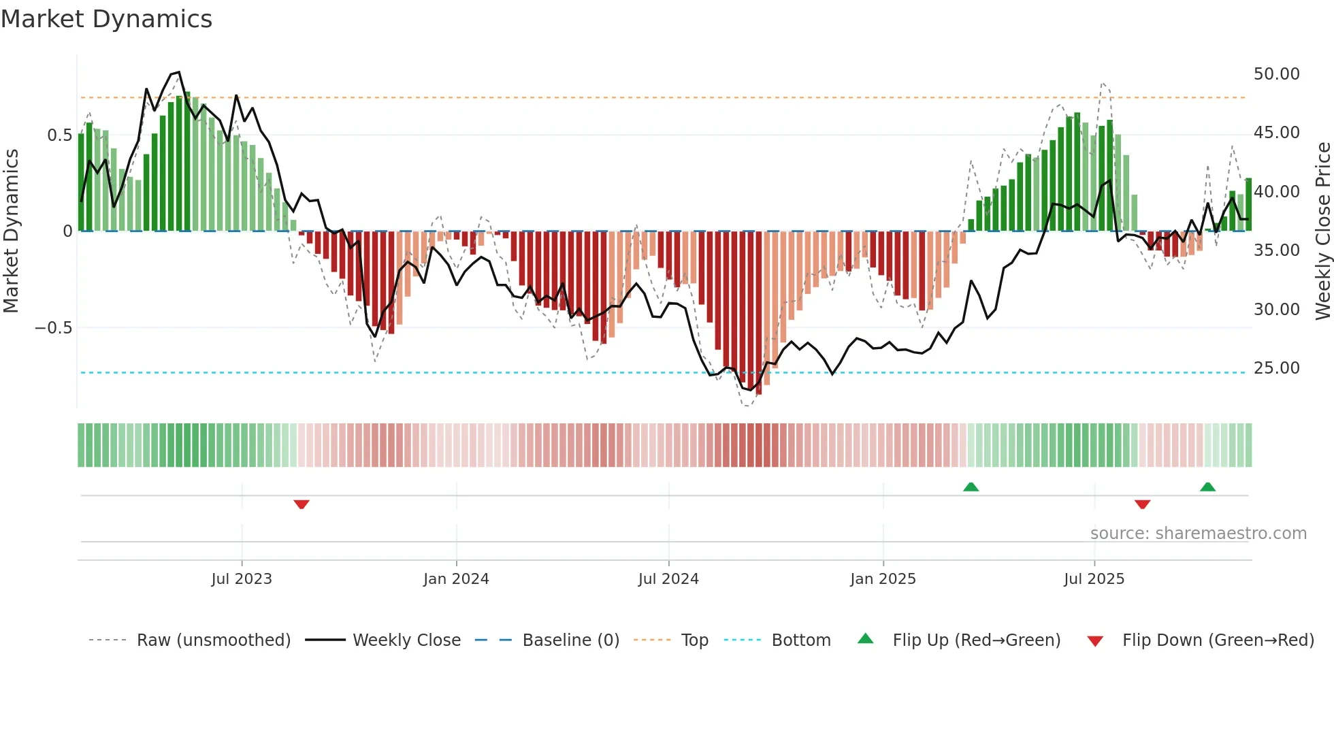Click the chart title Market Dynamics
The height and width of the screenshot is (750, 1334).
106,19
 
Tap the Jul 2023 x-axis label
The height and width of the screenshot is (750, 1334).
242,579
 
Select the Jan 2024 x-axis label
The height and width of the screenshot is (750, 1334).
456,579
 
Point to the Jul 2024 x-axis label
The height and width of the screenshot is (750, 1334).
668,579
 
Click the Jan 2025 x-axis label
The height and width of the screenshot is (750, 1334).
883,579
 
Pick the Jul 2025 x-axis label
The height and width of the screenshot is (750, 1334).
1094,579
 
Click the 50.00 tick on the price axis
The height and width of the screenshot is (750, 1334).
1276,74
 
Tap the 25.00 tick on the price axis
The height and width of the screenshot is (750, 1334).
1276,368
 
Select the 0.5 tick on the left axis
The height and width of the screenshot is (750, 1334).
59,135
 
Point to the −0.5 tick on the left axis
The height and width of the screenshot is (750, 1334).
53,328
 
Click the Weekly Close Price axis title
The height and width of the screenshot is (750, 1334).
1322,231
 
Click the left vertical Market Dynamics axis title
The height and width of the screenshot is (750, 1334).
11,231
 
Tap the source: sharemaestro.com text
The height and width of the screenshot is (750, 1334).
1198,534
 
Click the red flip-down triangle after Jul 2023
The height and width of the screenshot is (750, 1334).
302,504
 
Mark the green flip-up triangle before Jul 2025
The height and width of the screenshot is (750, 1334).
971,487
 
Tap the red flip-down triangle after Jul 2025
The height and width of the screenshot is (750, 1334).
1143,504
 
